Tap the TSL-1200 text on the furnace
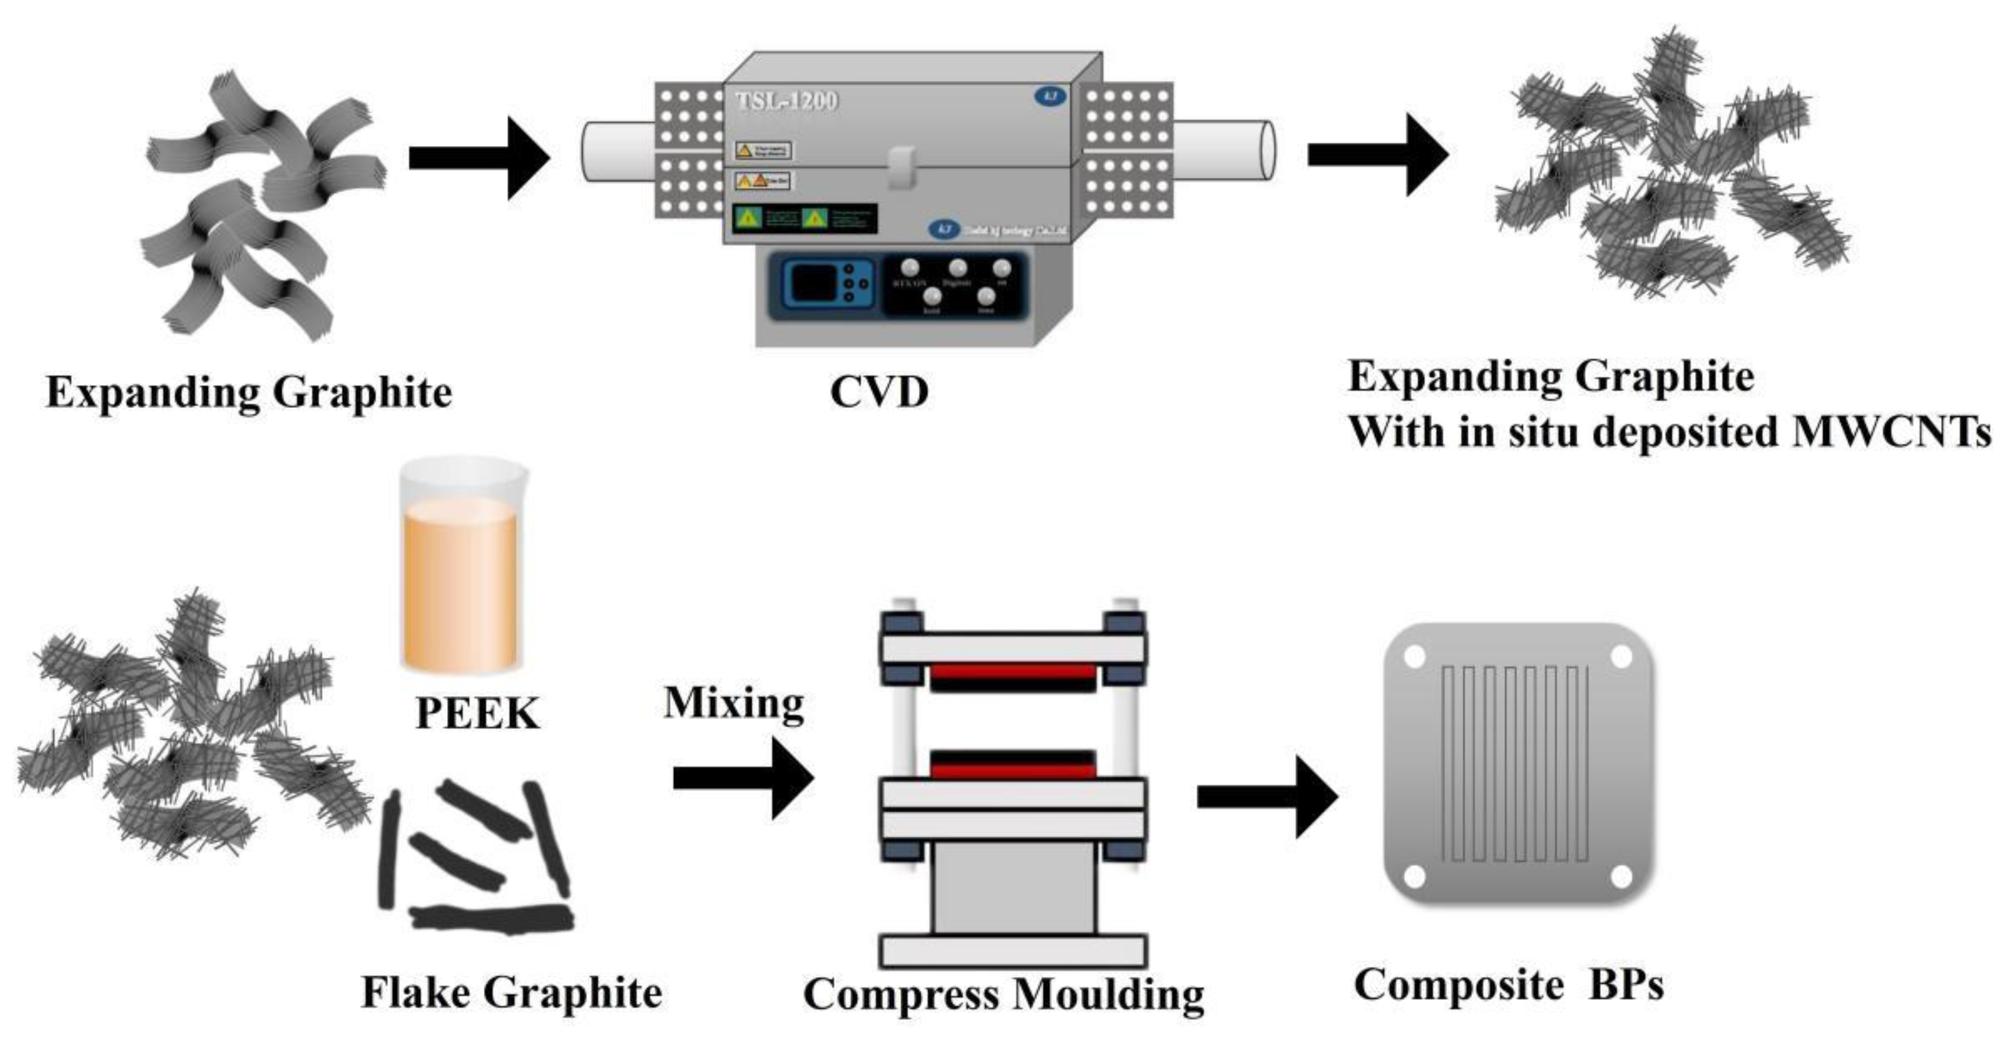point(786,101)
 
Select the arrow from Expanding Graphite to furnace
point(479,158)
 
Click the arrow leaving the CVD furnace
point(1377,154)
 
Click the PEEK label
point(477,713)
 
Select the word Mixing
point(733,704)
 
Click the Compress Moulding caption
point(1003,995)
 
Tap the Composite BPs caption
point(1509,984)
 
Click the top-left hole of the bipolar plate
point(1414,656)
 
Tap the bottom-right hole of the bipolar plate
point(1620,876)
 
